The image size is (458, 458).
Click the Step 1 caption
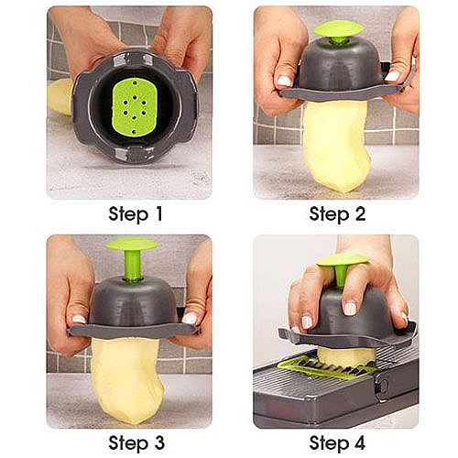pos(136,214)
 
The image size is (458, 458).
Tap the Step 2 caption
pos(337,214)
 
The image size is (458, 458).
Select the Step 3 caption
pos(136,443)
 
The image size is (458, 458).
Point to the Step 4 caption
pos(337,443)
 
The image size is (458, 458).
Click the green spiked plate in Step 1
pos(135,107)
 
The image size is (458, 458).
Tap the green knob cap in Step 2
pos(339,28)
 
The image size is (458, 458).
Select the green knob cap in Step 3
pos(132,245)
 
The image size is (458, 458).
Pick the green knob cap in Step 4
pos(343,260)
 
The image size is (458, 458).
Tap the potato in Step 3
pos(128,378)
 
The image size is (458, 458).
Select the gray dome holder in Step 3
pos(133,309)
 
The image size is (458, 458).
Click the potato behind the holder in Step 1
pos(60,96)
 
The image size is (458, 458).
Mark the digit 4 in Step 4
pos(358,442)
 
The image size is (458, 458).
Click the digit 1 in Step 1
pos(158,213)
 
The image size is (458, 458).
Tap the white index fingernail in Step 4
pos(350,308)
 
